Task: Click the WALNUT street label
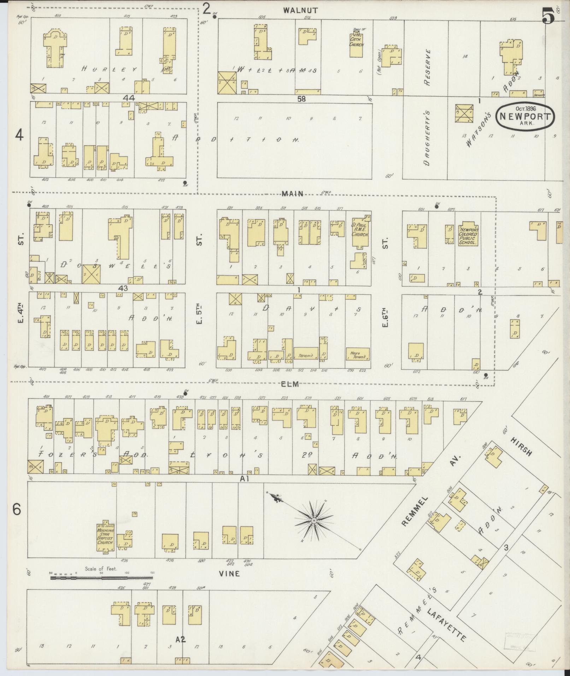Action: [x=300, y=11]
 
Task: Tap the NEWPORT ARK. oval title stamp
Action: [x=524, y=117]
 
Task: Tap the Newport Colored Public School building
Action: [x=468, y=235]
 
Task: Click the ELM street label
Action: [x=290, y=384]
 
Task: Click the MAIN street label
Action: [x=293, y=194]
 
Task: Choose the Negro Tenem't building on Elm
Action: [x=358, y=354]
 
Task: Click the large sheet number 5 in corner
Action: [x=548, y=16]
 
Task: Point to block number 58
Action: [x=301, y=99]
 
